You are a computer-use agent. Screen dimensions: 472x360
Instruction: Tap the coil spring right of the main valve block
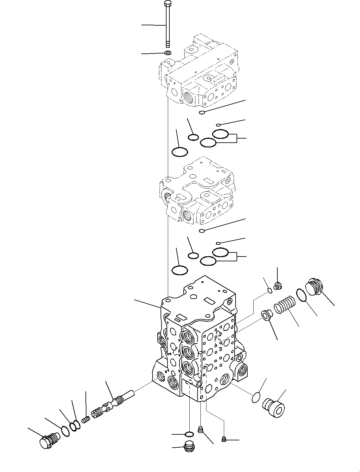click(x=284, y=306)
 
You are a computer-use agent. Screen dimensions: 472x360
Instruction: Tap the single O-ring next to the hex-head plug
click(x=66, y=431)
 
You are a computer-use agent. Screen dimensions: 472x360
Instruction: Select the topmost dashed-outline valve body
click(x=198, y=73)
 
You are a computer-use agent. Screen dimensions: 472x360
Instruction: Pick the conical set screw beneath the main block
click(x=200, y=429)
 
